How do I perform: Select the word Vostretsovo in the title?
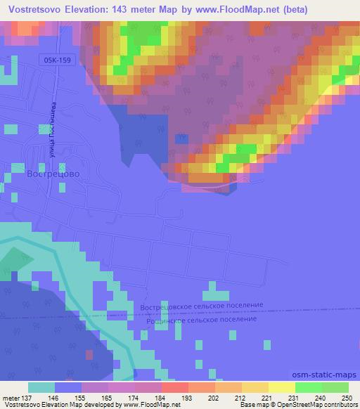click(32, 10)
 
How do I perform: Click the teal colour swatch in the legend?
click(41, 387)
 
